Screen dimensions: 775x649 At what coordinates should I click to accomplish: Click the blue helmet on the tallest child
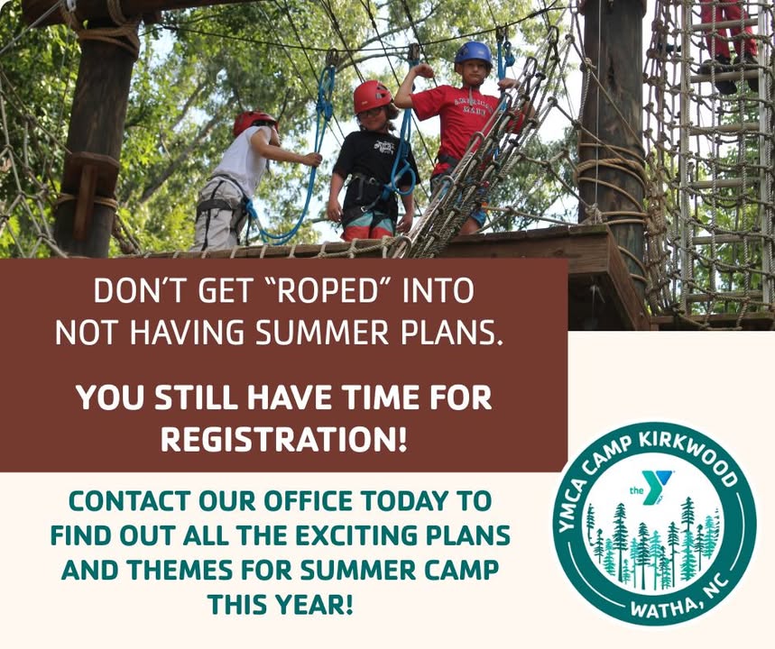tap(473, 53)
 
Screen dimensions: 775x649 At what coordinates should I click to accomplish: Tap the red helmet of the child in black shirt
tap(372, 96)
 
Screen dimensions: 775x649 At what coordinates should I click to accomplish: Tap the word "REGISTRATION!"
tap(284, 439)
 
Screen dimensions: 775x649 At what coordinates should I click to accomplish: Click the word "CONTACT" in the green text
tap(129, 502)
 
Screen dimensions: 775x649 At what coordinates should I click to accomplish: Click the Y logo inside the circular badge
tap(654, 488)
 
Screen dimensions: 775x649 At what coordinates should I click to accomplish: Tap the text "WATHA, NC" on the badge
tap(678, 600)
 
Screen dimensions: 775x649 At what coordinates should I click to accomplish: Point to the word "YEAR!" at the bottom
tap(313, 605)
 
